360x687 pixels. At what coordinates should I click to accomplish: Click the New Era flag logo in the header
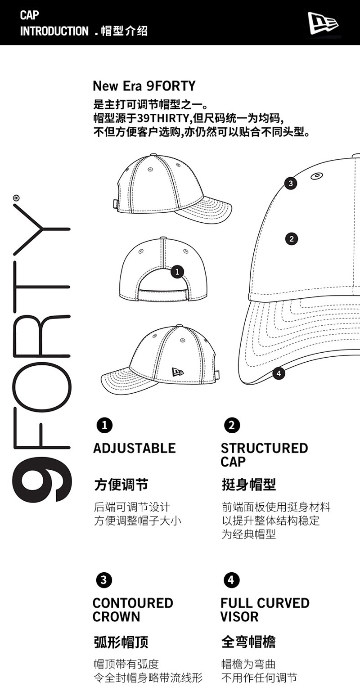(322, 23)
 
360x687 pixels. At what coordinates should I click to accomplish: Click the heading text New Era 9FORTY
(144, 85)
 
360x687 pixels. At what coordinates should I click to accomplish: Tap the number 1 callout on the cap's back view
(177, 271)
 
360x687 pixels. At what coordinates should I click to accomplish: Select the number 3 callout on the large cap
(291, 183)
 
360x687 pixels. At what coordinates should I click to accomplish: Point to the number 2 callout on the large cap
(291, 239)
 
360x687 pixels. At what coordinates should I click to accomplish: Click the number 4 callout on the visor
(279, 373)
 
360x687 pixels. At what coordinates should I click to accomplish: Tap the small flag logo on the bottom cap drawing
(178, 372)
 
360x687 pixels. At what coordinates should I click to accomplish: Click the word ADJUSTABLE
(134, 448)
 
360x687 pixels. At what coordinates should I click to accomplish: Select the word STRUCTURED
(264, 448)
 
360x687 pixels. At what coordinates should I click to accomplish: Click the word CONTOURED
(133, 603)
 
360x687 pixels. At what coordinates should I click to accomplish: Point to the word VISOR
(239, 617)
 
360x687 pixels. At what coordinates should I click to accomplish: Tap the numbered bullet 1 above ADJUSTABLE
(104, 425)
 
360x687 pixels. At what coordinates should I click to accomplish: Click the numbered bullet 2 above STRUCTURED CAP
(232, 425)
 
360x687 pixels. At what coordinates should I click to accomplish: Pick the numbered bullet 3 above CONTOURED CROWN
(104, 580)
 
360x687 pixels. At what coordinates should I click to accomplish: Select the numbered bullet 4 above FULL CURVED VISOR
(231, 580)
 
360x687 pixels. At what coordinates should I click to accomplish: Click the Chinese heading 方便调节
(121, 485)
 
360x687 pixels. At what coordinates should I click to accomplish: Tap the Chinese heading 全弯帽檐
(248, 642)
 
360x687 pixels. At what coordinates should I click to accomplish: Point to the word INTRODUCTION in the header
(54, 31)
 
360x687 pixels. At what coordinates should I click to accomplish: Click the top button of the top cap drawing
(153, 155)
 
